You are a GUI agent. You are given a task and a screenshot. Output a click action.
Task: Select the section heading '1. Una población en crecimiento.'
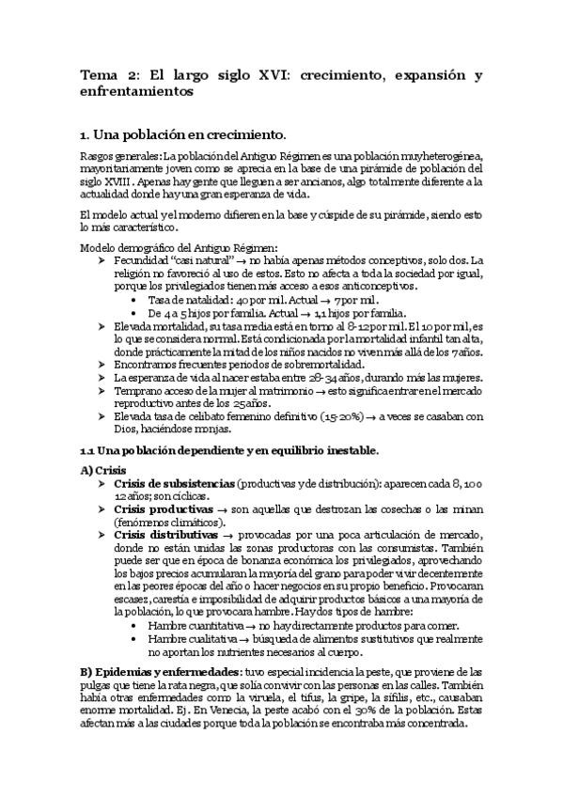(182, 133)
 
